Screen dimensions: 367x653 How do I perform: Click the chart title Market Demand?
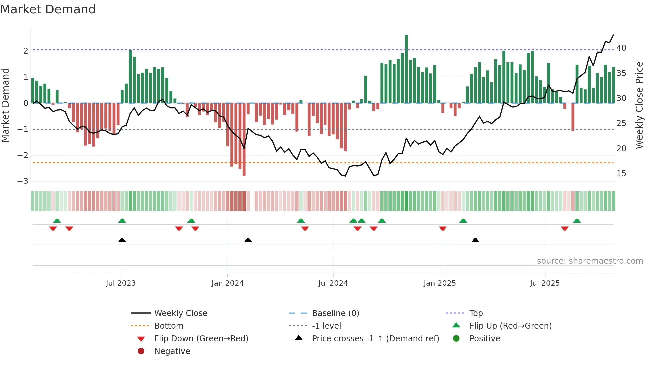48,9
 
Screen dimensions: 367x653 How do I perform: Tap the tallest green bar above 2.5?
406,68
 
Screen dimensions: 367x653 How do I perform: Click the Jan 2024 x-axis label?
227,283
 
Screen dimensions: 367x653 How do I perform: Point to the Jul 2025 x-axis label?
545,283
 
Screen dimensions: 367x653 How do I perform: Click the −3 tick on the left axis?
23,181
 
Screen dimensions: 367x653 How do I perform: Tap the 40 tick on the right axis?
621,48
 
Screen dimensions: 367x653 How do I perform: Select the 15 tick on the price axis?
621,174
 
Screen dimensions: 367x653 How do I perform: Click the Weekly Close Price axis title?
639,105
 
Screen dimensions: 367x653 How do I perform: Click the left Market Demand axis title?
5,105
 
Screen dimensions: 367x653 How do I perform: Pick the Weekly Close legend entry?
180,313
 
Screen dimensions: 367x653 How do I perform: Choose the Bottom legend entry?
169,326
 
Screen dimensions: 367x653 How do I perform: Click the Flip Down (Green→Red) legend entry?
201,339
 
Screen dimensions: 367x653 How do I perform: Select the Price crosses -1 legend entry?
375,339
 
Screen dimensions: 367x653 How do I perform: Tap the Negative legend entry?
172,351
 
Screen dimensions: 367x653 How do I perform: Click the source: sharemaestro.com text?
590,261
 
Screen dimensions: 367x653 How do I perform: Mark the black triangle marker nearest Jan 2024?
248,240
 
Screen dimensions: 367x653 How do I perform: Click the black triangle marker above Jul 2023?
122,240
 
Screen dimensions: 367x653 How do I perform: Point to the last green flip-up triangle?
577,221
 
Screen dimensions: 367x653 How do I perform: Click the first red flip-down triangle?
53,228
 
